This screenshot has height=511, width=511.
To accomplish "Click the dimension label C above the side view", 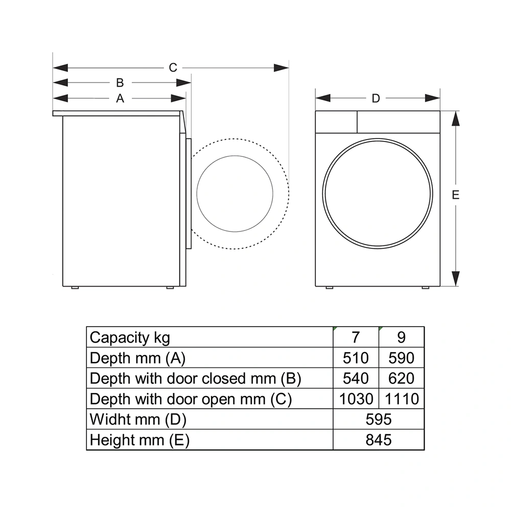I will point(173,67).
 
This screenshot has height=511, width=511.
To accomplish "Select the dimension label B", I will point(120,83).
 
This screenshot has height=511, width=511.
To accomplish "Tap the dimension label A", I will point(120,98).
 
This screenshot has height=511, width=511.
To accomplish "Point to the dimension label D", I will point(376,98).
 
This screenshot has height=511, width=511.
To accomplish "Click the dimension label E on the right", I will point(456,195).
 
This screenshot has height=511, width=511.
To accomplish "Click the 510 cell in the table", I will point(356,358).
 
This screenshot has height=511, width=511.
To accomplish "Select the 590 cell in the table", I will point(401,358).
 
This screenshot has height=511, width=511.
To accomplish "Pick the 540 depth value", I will point(356,378).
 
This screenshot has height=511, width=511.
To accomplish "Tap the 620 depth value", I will point(401,378).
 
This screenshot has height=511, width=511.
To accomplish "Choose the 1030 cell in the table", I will point(356,399).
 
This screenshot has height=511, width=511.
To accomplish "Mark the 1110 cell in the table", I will point(401,399).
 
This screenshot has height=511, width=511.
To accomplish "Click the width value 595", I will point(379,419).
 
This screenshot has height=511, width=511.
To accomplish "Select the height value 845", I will point(379,439).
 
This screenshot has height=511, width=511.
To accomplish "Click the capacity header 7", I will point(356,337).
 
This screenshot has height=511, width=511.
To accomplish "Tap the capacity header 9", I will point(401,337).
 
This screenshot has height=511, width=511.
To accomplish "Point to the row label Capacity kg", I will point(130,337).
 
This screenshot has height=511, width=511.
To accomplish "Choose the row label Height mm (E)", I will point(140,439).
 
